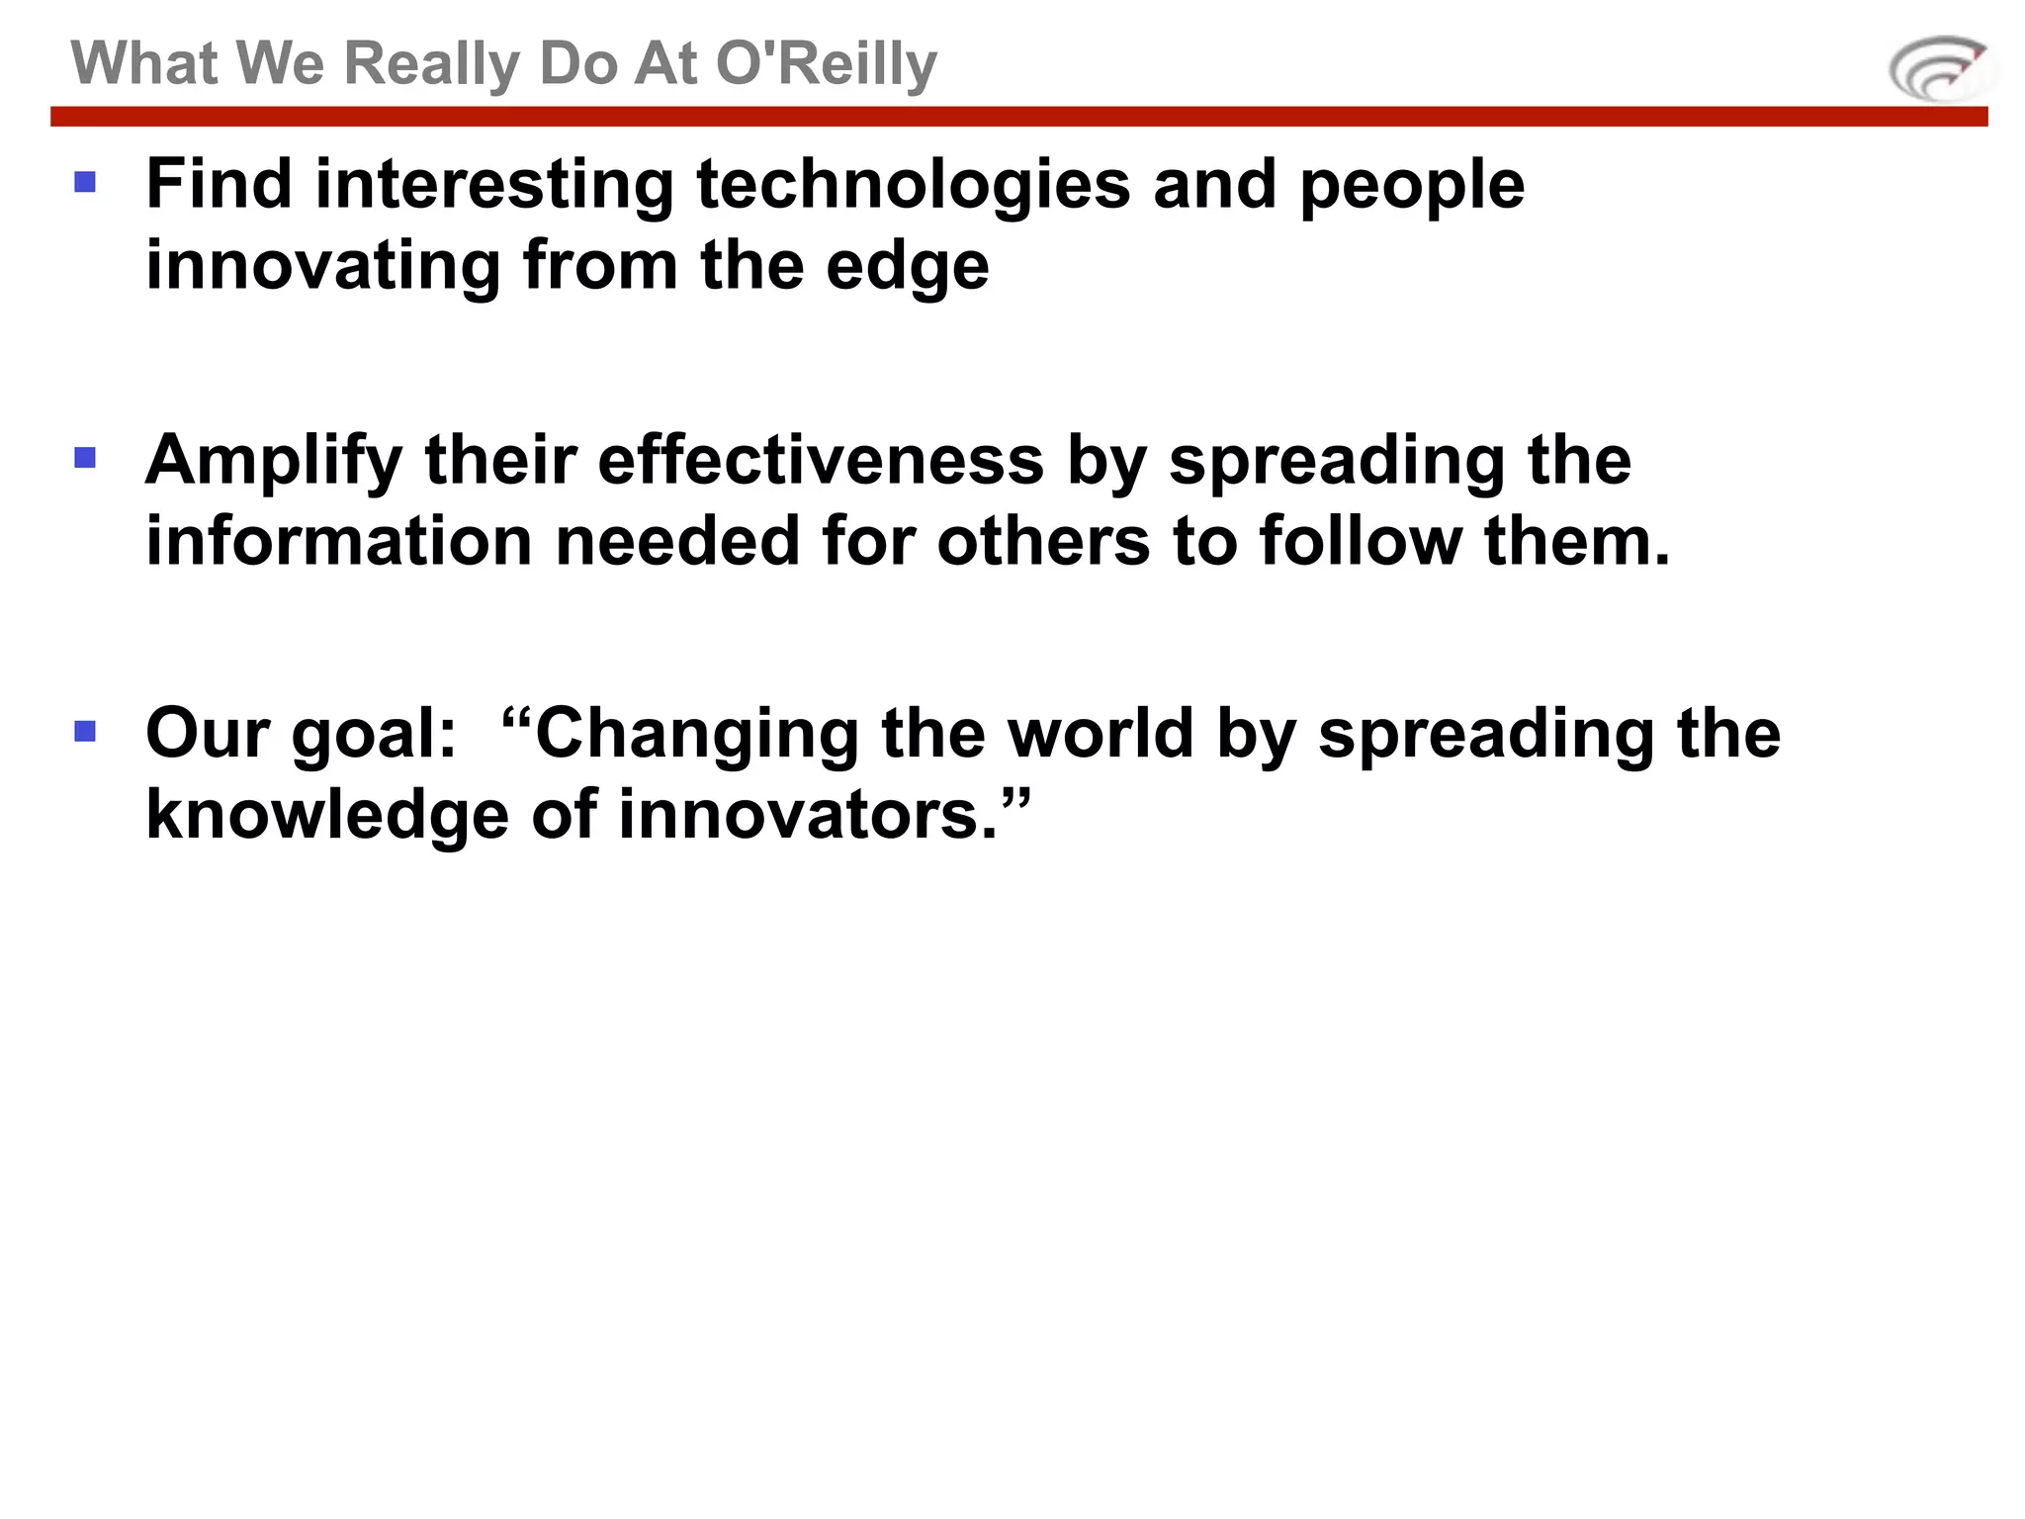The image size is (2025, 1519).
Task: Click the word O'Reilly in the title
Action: tap(826, 64)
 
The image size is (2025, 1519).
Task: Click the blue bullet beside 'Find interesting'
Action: tap(85, 182)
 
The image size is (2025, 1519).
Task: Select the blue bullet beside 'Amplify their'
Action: tap(85, 457)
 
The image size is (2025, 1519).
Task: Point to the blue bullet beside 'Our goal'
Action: tap(85, 731)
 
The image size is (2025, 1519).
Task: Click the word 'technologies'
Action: tap(913, 186)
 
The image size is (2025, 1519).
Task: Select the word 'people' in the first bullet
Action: tap(1411, 186)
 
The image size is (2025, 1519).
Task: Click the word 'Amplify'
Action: tap(274, 462)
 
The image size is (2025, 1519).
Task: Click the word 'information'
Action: tap(339, 541)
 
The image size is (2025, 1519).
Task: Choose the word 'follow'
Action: tap(1361, 541)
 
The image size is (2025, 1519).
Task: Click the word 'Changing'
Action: tap(696, 736)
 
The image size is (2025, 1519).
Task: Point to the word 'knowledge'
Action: tap(327, 815)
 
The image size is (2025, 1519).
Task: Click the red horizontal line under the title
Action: tap(1018, 117)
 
